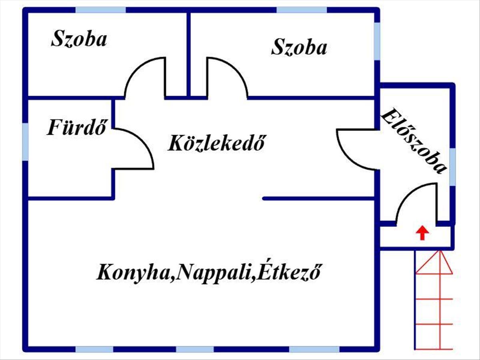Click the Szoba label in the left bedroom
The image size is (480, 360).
tap(79, 39)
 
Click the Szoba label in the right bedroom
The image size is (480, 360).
tap(299, 47)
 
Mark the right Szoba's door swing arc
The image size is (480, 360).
tap(238, 70)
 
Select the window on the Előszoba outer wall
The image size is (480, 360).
tap(452, 167)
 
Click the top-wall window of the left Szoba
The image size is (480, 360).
tap(101, 10)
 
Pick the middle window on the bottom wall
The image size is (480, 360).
tap(195, 349)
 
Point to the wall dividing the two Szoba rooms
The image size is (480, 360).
tap(189, 54)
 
